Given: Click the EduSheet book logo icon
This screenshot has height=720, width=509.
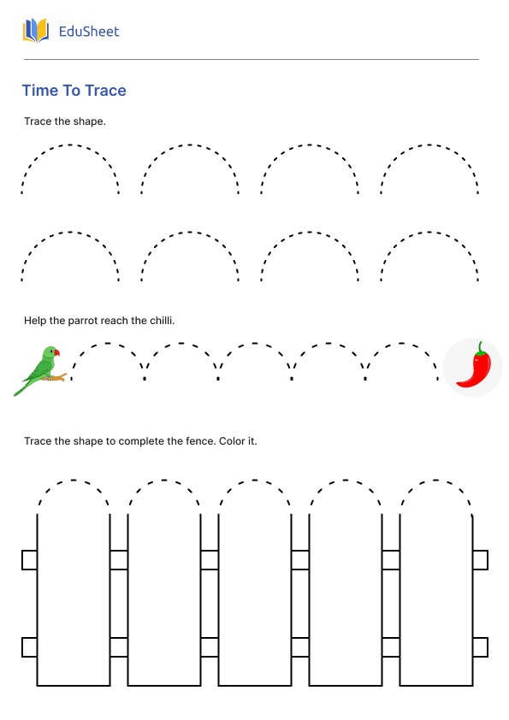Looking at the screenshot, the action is coord(36,31).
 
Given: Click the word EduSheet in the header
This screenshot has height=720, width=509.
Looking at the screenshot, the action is coord(89,32).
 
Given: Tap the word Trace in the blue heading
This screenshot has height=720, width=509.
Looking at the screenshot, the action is coord(106,91).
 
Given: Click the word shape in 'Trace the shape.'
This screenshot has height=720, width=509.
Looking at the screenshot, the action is coord(89,121).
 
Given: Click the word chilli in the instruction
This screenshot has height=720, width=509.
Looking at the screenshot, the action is coord(163,321).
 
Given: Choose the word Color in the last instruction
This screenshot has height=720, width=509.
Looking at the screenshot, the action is coord(232,441).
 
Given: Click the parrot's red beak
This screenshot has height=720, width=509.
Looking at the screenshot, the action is coord(57,352).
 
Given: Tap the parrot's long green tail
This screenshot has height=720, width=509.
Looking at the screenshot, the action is coord(22,387).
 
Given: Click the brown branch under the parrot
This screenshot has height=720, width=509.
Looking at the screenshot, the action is coord(54,378).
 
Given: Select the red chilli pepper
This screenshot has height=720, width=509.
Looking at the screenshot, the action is coord(474,367).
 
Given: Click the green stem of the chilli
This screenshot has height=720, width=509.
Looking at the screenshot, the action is coord(481,349).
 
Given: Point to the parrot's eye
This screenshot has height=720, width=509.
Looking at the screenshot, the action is coord(51,351).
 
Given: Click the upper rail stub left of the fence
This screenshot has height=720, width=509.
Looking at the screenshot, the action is coord(29,560).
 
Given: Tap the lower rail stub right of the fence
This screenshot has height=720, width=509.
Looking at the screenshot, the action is coord(480,647).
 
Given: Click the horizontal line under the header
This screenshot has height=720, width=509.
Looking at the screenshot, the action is coord(252,59).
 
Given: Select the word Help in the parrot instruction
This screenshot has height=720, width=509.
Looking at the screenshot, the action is coord(35,321).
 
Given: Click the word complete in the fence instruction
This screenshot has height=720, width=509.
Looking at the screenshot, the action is coord(141,442).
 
